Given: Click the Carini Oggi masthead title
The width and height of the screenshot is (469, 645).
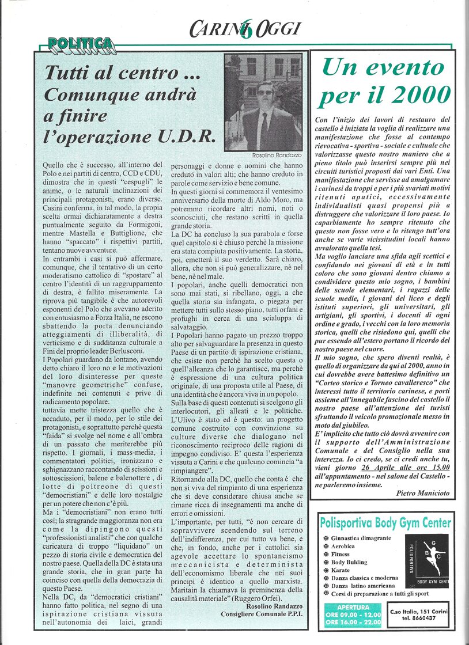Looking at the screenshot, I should [244, 26].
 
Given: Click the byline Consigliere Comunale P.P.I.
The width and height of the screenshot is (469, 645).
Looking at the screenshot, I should [262, 614].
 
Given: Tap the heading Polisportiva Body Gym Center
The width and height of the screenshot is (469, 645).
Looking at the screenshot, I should [385, 523].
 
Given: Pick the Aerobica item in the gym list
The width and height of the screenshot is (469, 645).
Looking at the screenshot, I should [347, 546].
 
